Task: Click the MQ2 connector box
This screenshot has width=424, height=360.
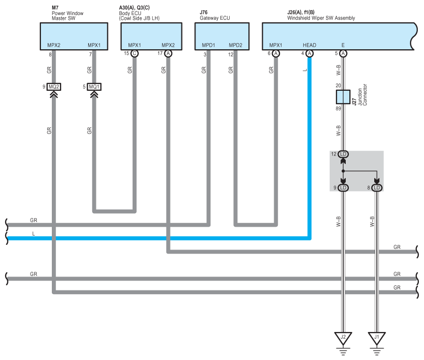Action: point(54,87)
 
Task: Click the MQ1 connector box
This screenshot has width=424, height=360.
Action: point(94,87)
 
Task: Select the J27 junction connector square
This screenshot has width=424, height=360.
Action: point(343,96)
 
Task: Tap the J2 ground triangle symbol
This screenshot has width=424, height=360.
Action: point(343,338)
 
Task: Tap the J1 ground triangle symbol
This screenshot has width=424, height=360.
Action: point(377,338)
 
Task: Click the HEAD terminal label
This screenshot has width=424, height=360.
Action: point(309,45)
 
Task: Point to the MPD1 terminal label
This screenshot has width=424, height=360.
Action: point(208,45)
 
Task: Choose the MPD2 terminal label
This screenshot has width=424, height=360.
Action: point(235,45)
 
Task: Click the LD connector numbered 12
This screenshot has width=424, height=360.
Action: point(343,155)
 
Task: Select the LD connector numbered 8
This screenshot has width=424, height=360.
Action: point(377,187)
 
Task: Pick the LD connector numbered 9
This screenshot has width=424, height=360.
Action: point(343,187)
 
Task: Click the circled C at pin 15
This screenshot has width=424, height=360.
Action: point(134,53)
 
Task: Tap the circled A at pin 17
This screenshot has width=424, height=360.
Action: point(168,53)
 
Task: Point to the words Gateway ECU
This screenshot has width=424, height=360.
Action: point(215,18)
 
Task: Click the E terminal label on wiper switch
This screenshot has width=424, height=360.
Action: point(343,45)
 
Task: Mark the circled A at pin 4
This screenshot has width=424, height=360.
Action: point(309,53)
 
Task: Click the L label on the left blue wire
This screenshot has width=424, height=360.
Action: point(34,234)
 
